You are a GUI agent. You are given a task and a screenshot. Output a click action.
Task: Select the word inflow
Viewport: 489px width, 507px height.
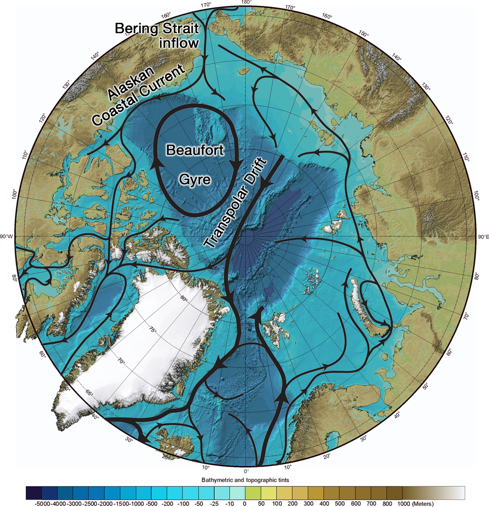point(179,43)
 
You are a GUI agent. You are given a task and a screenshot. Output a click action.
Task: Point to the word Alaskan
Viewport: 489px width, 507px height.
point(131,83)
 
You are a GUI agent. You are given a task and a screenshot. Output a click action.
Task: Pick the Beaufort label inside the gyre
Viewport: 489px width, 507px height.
point(195,150)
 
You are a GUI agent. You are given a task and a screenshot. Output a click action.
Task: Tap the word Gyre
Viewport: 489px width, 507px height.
point(195,180)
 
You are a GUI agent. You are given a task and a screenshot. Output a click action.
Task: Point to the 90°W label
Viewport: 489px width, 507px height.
point(7,237)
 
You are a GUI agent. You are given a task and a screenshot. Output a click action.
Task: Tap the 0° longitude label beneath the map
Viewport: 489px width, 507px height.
point(246,471)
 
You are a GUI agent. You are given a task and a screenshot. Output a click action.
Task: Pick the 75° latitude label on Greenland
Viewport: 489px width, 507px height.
point(152,330)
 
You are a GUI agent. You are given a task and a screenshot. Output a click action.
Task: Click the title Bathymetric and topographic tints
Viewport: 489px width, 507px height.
point(245,480)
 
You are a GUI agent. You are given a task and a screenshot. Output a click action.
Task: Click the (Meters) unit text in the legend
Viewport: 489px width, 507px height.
point(423,504)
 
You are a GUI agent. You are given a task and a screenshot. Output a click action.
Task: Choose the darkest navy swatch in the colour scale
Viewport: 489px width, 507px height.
point(34,493)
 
